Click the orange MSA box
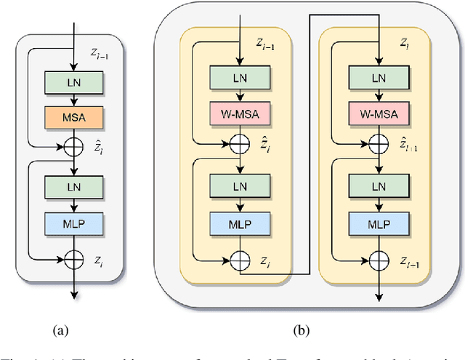pos(75,116)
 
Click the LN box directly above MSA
pos(75,82)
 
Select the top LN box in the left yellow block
pos(239,77)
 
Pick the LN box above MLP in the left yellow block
pos(239,185)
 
